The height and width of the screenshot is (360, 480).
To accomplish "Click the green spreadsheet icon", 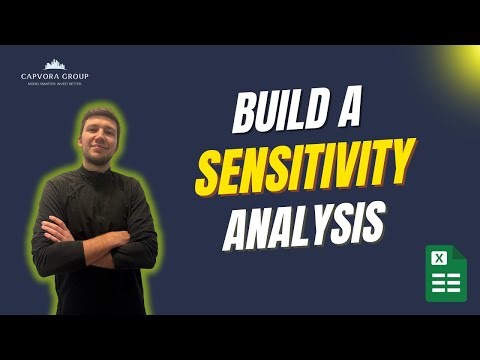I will tap(445, 272).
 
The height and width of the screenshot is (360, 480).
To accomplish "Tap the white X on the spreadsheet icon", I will tap(437, 258).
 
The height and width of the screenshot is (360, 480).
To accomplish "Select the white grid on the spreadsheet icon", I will tap(451, 283).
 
